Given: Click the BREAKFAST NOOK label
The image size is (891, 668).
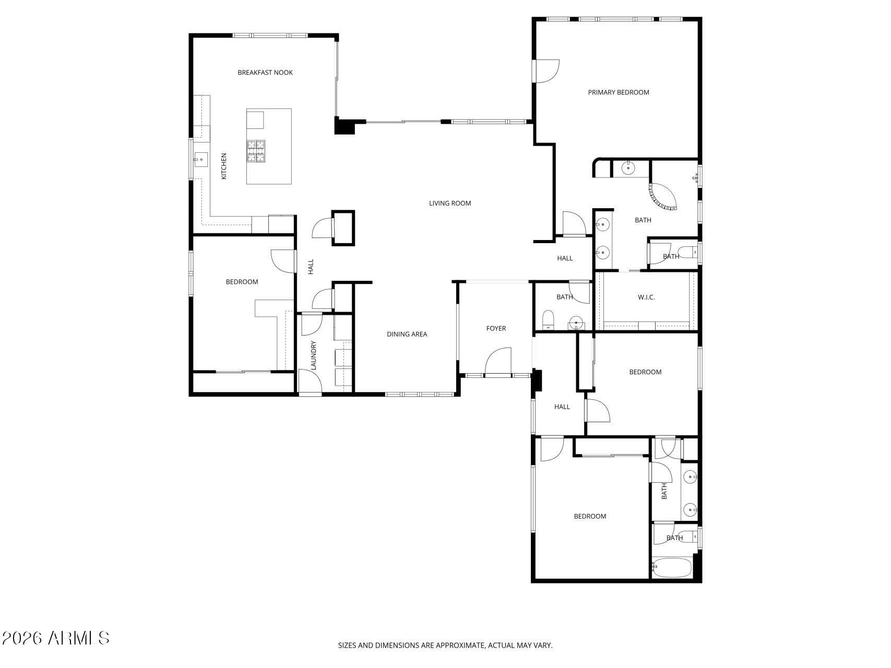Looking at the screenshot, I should (265, 73).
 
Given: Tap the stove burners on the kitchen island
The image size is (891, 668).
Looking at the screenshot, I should (256, 151).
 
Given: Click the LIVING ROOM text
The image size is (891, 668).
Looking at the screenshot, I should (450, 203).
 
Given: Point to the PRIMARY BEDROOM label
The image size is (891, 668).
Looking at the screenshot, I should (619, 92).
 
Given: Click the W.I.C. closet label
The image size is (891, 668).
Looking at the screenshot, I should (646, 297).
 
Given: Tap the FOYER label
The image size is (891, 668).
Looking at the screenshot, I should (496, 328).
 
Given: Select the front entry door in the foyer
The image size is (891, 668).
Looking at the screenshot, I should (497, 362).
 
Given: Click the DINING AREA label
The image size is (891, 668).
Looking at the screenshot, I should (407, 334).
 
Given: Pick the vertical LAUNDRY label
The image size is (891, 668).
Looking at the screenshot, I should (314, 355).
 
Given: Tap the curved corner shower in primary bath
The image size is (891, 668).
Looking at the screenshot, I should (662, 196).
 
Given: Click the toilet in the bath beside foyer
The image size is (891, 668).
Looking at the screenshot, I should (548, 319).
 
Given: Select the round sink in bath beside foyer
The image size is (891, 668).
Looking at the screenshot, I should (576, 323).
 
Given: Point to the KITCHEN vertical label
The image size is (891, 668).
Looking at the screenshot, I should (224, 166).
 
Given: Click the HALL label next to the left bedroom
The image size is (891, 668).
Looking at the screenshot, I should (311, 267).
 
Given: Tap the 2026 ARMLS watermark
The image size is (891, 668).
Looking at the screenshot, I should (55, 638).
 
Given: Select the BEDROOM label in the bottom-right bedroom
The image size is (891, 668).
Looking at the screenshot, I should (590, 516).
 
